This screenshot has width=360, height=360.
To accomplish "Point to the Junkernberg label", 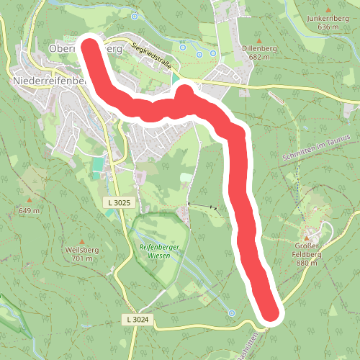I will (322, 19).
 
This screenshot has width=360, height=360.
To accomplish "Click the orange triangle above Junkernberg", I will (322, 9).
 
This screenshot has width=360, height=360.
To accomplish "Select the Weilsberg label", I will (80, 251).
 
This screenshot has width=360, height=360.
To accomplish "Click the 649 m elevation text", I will (30, 210).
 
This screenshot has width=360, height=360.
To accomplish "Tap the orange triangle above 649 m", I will (30, 200).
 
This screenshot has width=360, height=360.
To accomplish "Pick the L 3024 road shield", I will (138, 319).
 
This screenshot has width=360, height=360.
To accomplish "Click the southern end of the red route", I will (269, 312).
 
